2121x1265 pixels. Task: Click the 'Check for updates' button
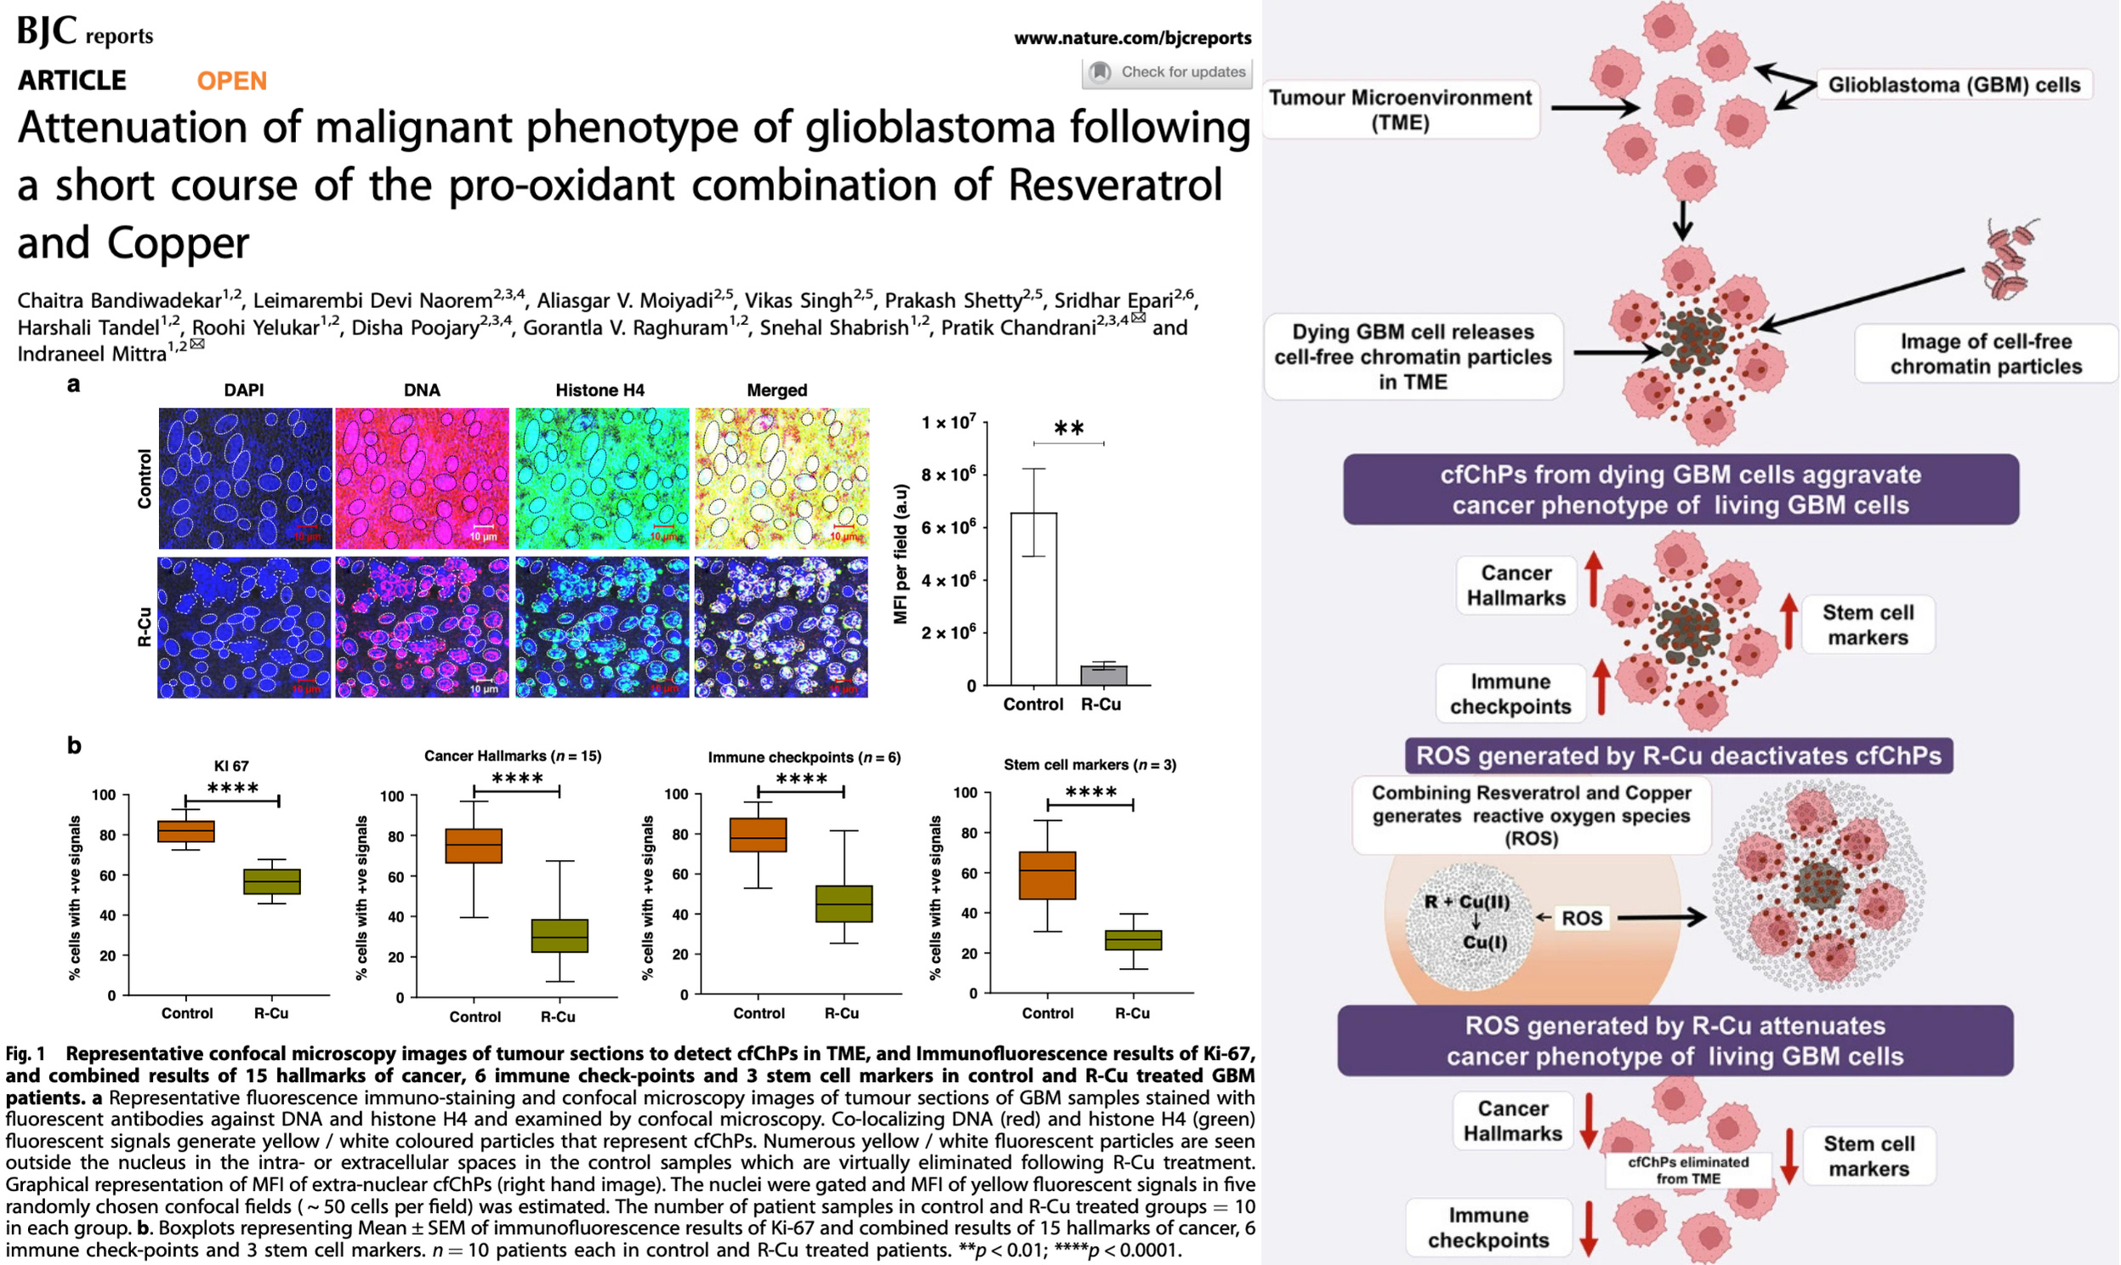[x=1168, y=72]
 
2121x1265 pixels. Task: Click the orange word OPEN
[x=232, y=81]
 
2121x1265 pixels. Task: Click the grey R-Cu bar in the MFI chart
[x=1104, y=675]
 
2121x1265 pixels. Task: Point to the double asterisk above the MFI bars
[x=1069, y=429]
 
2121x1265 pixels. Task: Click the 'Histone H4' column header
[x=600, y=390]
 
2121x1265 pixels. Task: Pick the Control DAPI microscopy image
[x=246, y=478]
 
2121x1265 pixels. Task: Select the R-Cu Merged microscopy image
[x=782, y=627]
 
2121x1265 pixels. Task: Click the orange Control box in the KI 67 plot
[x=186, y=831]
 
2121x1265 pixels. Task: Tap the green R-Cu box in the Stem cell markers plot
[x=1134, y=939]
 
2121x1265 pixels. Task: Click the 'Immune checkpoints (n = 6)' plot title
[x=804, y=757]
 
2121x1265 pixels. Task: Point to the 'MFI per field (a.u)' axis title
[x=901, y=554]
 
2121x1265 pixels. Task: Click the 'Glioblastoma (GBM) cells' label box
[x=1954, y=85]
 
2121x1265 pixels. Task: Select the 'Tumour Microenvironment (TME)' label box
[x=1400, y=110]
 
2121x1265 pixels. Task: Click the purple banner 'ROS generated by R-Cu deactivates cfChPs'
[x=1678, y=756]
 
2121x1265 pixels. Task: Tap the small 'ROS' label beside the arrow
[x=1582, y=918]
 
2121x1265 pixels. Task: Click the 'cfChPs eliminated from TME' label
[x=1688, y=1171]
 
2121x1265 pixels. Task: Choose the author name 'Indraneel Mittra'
[x=92, y=354]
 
